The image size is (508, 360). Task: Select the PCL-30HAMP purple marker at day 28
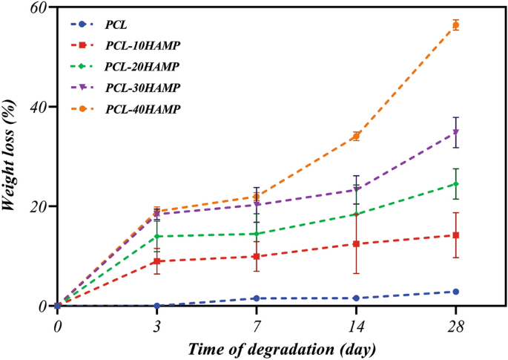pos(455,132)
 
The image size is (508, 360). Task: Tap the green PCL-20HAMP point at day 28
pos(455,184)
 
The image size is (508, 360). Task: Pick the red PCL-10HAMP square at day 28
pos(455,235)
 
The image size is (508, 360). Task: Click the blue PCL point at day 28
pos(455,292)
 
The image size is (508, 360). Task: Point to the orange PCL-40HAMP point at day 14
pos(356,136)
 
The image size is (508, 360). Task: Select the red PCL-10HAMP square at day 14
pos(356,243)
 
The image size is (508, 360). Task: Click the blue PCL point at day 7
pos(257,298)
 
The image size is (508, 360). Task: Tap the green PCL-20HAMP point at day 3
pos(157,236)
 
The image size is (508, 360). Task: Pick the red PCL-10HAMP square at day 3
pos(157,261)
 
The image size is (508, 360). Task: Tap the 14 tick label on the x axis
pos(356,325)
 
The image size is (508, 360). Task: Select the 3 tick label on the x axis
pos(157,325)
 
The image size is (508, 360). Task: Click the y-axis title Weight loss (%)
pos(10,156)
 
